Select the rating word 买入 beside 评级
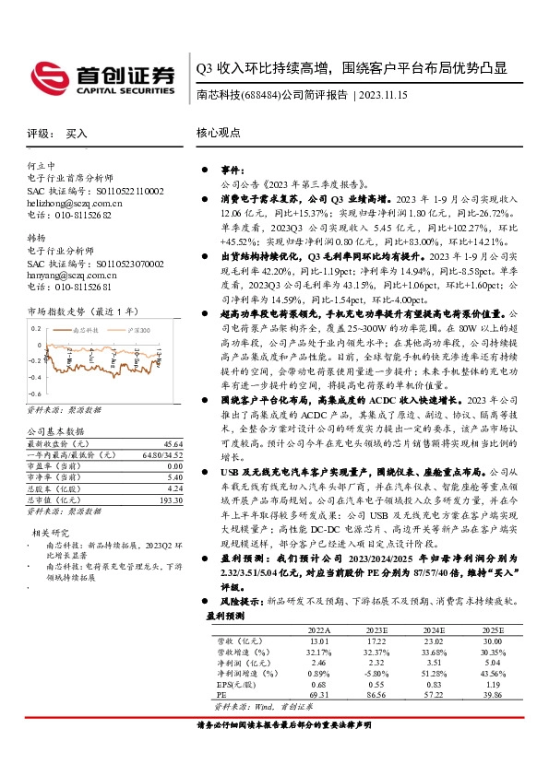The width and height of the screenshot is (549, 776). click(x=77, y=134)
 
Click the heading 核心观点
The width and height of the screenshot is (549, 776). click(x=217, y=134)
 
